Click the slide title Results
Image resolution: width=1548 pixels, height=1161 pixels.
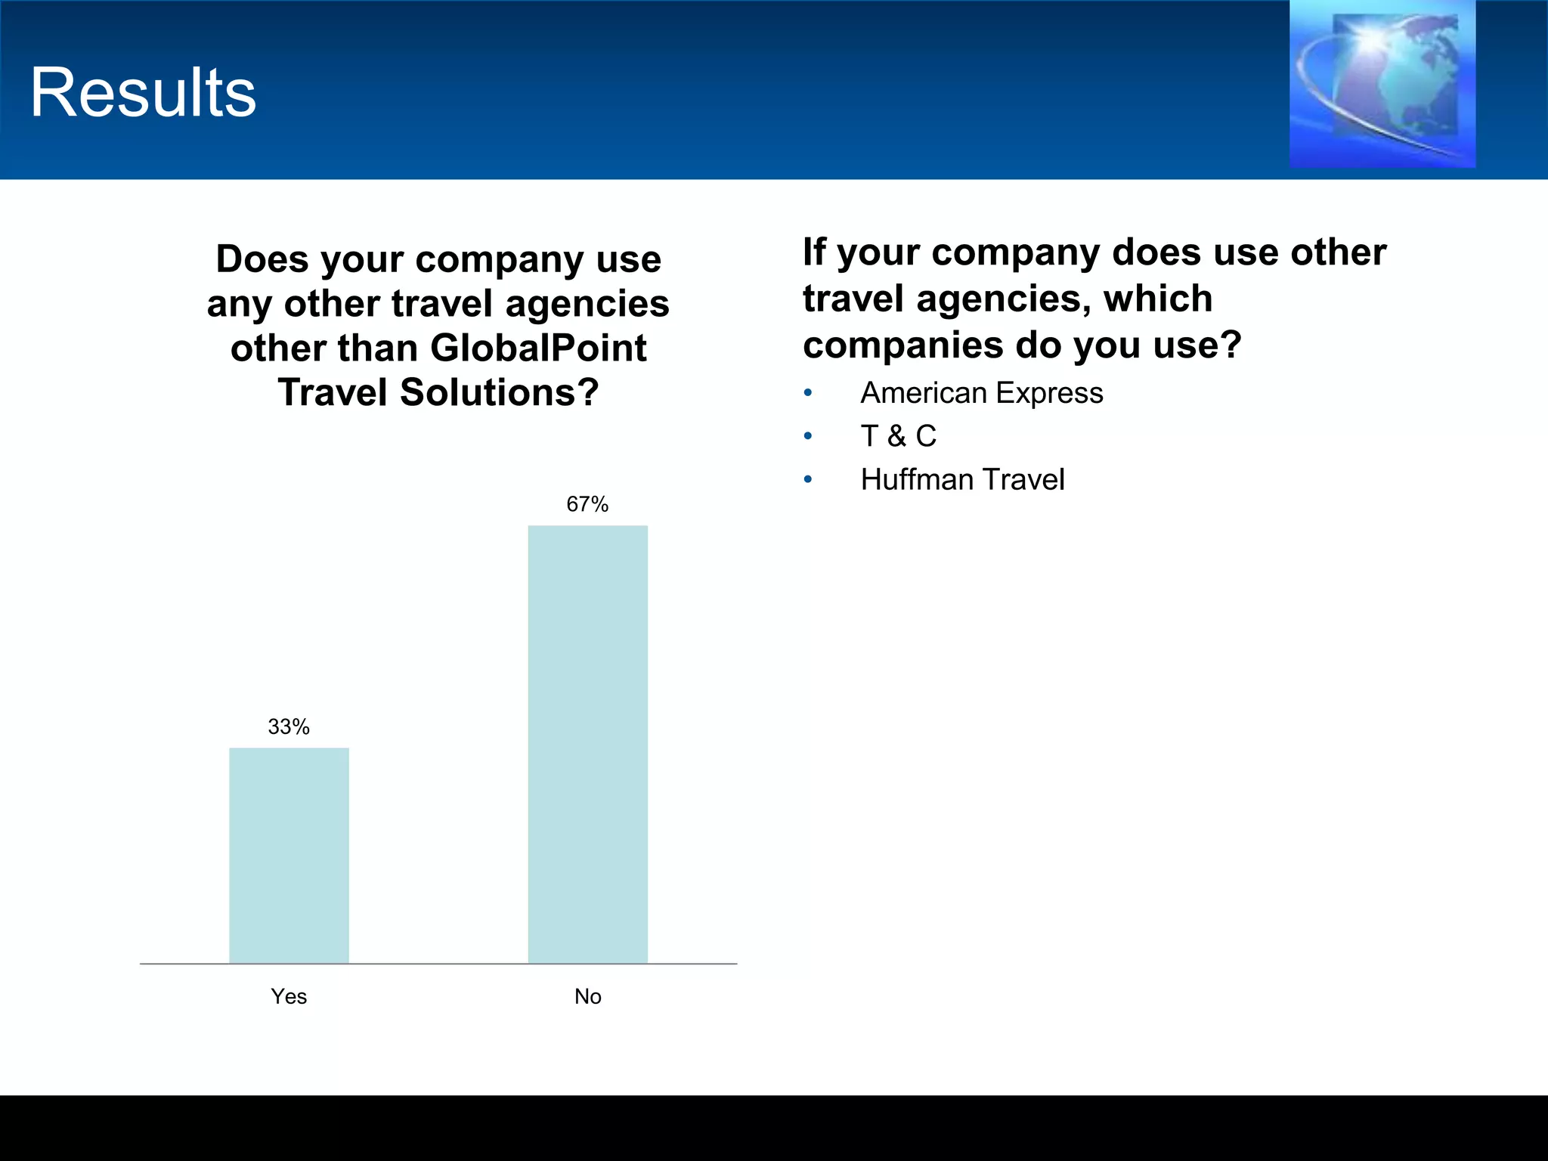coord(143,92)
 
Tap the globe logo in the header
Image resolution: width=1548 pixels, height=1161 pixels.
coord(1382,85)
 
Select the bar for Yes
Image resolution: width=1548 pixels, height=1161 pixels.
coord(289,855)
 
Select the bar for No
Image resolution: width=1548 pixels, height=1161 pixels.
coord(587,744)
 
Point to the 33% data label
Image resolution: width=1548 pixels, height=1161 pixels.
coord(289,727)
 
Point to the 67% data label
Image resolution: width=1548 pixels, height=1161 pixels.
coord(587,504)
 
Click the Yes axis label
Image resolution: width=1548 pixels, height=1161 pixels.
coord(289,996)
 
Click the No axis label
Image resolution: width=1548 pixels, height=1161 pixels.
coord(587,996)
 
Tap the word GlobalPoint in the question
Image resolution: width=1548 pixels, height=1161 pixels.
coord(538,348)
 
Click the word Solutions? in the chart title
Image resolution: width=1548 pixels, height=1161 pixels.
coord(499,393)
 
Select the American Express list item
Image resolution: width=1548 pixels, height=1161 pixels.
coord(981,393)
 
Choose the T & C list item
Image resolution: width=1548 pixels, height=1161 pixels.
coord(898,436)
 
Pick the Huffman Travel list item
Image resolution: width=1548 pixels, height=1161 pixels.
coord(962,480)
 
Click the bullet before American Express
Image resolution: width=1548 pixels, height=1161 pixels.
coord(808,393)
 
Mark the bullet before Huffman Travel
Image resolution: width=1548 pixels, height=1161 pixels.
coord(808,480)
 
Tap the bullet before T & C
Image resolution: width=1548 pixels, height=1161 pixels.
coord(808,436)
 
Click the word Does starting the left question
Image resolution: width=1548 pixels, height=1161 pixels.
coord(262,259)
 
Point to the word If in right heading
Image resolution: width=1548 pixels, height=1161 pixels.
coord(814,252)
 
